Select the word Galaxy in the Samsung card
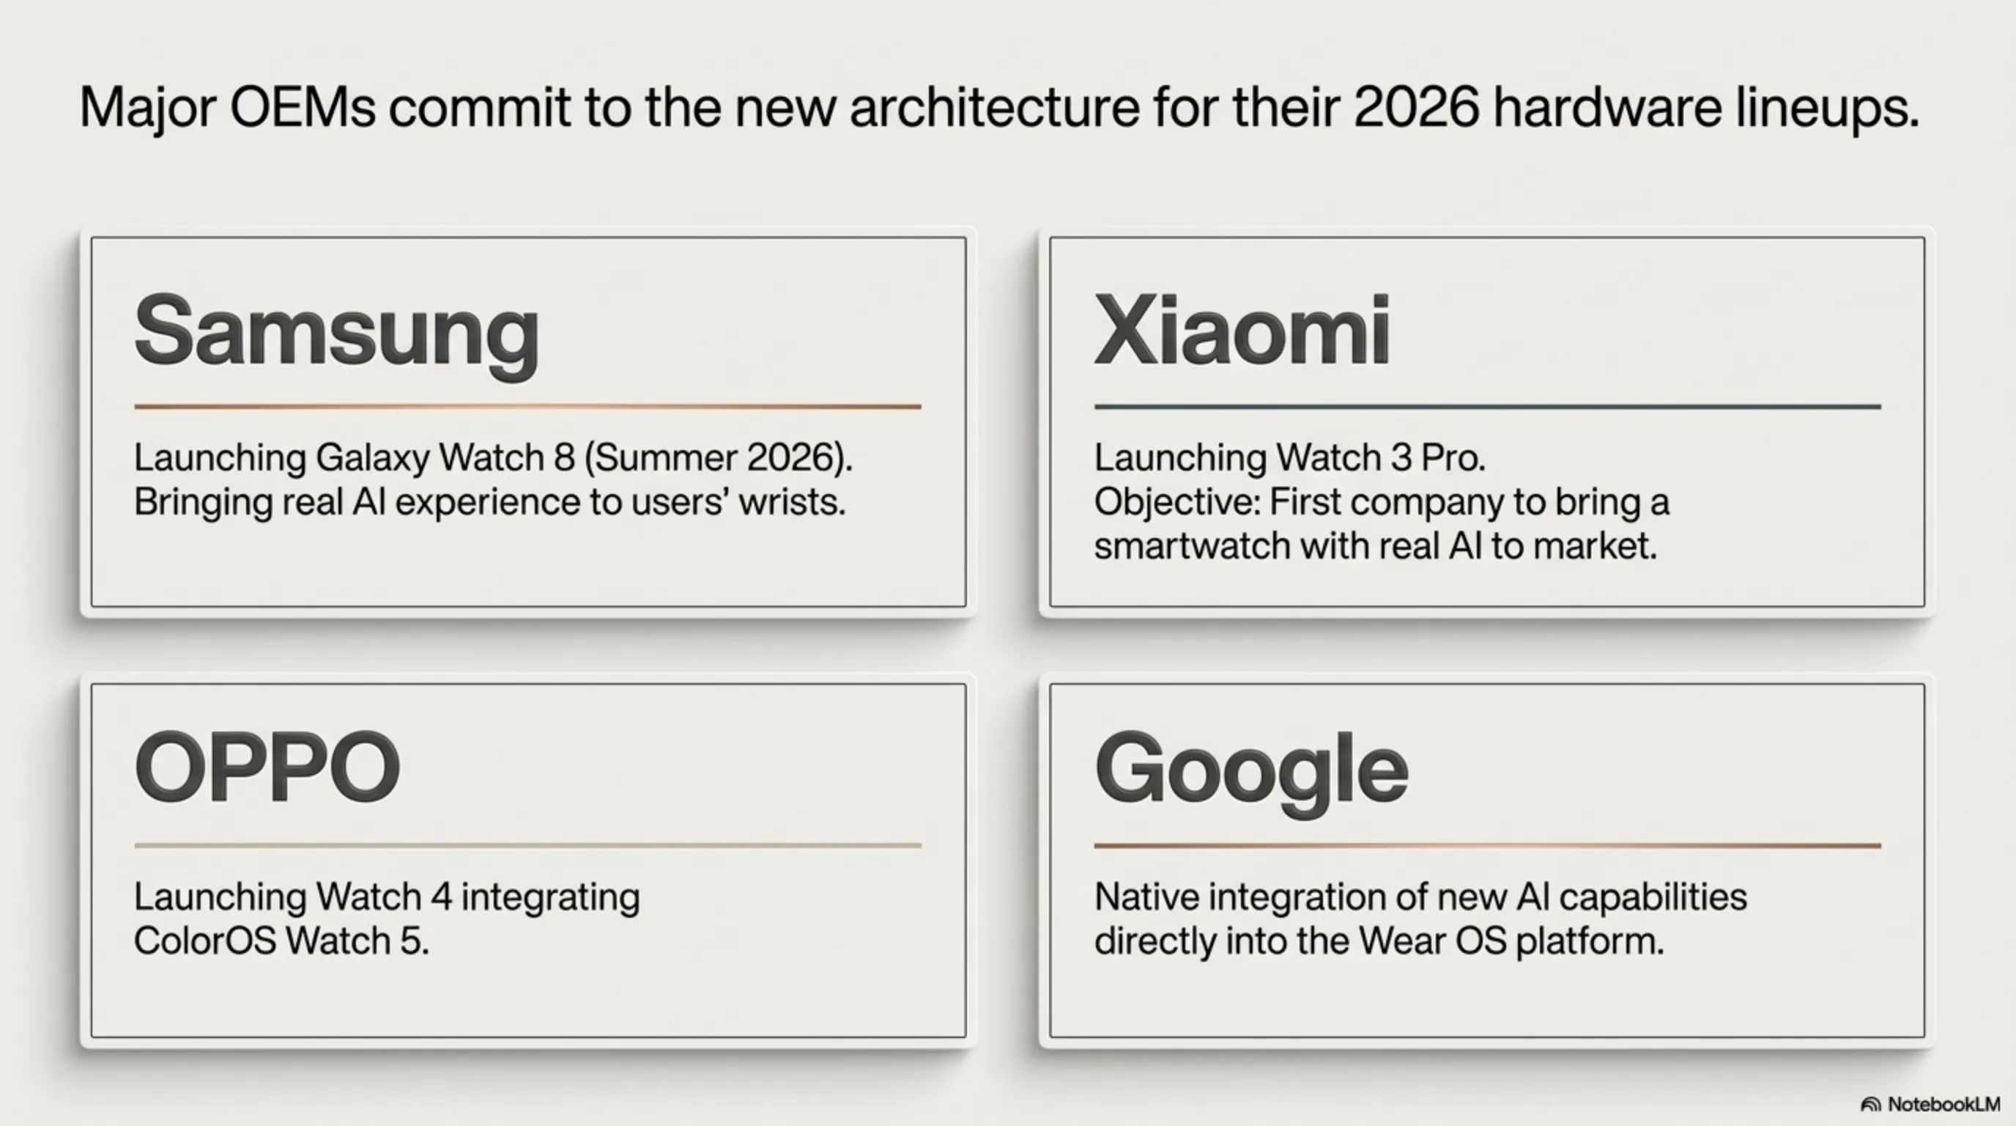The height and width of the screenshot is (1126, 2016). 373,459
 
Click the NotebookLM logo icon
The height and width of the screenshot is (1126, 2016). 1870,1105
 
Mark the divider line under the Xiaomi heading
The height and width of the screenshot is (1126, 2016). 1487,407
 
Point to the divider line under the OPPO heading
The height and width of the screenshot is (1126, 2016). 527,846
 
